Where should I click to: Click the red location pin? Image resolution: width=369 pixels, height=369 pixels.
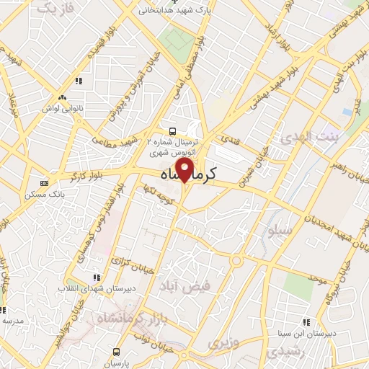pyautogui.click(x=185, y=171)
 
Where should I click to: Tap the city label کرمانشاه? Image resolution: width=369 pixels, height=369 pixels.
pyautogui.click(x=186, y=174)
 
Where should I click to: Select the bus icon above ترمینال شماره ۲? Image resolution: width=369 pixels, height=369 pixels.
pyautogui.click(x=172, y=131)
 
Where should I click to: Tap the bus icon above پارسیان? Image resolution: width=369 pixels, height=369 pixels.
pyautogui.click(x=116, y=352)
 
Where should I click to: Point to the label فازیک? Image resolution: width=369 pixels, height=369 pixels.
pyautogui.click(x=55, y=8)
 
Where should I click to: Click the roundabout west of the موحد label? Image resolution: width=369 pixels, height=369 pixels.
pyautogui.click(x=236, y=260)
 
